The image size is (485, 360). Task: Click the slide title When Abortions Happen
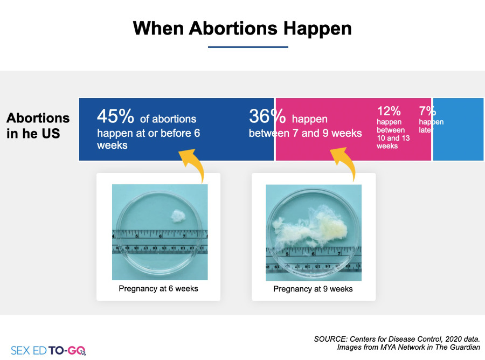(242, 29)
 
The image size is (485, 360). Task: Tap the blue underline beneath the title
(248, 47)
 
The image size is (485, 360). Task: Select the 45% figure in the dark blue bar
(115, 116)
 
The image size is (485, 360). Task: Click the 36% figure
(267, 116)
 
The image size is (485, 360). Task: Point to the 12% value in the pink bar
(389, 110)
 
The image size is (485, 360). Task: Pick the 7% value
(427, 110)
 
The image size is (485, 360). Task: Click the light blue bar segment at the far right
(458, 129)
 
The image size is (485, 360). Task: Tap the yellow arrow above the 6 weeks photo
(193, 164)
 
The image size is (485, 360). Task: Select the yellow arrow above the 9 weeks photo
(344, 163)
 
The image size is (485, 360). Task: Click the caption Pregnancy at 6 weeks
(158, 288)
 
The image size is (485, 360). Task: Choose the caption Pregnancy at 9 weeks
(313, 289)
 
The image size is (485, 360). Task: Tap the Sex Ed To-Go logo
(48, 350)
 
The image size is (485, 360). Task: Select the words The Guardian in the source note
(458, 347)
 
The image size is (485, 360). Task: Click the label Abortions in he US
(38, 126)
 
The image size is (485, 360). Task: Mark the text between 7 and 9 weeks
(306, 133)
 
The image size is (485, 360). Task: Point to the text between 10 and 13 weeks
(393, 138)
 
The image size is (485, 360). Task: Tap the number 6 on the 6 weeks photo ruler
(160, 236)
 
